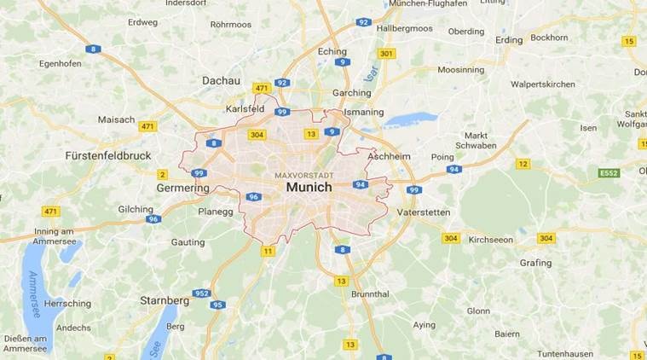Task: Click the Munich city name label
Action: coord(309,187)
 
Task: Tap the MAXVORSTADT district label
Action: coord(304,175)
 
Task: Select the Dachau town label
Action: coord(221,80)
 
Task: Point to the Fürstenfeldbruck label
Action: coord(107,156)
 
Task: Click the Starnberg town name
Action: coord(165,300)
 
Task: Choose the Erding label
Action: coord(509,39)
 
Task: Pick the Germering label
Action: coord(183,188)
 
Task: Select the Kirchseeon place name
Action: coord(491,240)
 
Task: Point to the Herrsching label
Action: coord(67,304)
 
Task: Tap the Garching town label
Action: coord(351,92)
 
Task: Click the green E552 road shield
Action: coord(609,173)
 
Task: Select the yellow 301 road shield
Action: coord(387,53)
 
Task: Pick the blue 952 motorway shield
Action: coord(202,293)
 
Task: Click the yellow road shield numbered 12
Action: coord(523,164)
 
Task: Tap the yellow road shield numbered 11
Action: coord(269,251)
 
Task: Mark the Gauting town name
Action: coord(188,242)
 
